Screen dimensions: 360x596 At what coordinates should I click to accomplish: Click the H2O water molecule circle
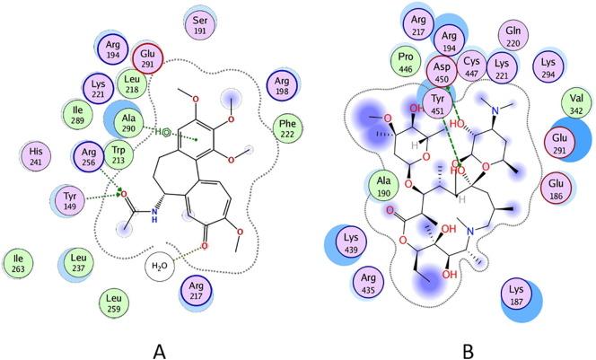coord(161,267)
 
